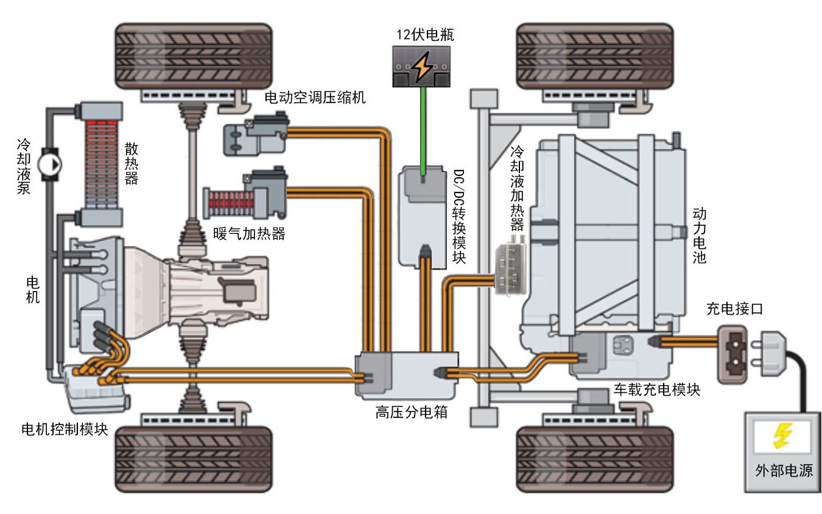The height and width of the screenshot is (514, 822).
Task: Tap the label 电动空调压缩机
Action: (x=315, y=97)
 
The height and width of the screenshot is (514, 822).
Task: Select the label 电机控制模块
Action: (x=65, y=428)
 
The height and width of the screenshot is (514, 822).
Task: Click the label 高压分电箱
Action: (x=412, y=412)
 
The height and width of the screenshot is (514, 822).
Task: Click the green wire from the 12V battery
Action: (x=423, y=128)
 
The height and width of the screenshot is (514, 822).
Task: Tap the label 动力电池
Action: (x=700, y=238)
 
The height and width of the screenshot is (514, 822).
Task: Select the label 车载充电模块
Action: (x=656, y=390)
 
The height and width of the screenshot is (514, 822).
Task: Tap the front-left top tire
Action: (x=194, y=55)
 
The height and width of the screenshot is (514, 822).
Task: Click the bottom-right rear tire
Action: (x=594, y=459)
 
